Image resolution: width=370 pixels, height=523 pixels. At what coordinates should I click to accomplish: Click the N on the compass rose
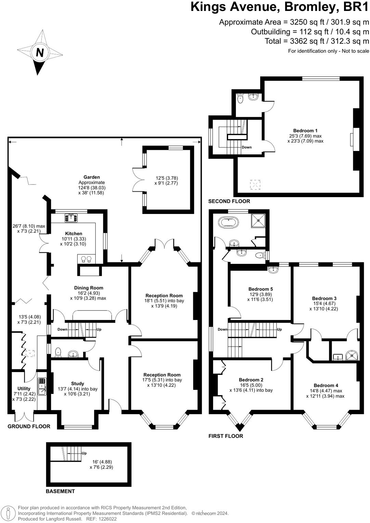tap(40, 53)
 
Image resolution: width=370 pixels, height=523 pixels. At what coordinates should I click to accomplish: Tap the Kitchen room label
tap(74, 233)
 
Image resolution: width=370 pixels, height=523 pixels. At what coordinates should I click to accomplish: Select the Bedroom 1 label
tap(305, 130)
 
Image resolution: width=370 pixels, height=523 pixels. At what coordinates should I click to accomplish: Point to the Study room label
tap(78, 383)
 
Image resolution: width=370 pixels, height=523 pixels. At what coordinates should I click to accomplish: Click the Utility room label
tap(24, 388)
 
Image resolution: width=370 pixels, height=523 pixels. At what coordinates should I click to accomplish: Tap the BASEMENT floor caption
tap(60, 491)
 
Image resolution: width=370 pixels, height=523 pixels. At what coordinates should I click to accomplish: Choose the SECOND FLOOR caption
tap(229, 201)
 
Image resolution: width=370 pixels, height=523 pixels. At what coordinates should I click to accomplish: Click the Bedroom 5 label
tap(261, 289)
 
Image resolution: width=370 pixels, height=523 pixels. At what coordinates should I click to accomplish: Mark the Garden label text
tap(92, 177)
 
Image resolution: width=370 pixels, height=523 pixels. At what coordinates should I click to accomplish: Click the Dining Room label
tap(89, 288)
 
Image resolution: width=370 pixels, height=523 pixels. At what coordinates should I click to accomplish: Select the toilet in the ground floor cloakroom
tap(58, 352)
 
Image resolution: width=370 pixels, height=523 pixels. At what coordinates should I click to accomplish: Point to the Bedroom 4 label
tap(326, 385)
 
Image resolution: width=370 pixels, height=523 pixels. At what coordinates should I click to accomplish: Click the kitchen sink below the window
tap(71, 218)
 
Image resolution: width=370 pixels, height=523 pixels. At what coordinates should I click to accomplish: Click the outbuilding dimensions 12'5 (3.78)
tap(167, 178)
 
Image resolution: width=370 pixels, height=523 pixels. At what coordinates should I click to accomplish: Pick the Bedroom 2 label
tap(251, 380)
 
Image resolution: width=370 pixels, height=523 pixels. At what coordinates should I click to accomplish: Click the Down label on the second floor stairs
tap(247, 147)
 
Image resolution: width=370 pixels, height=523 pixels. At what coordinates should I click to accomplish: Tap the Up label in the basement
tap(84, 453)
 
